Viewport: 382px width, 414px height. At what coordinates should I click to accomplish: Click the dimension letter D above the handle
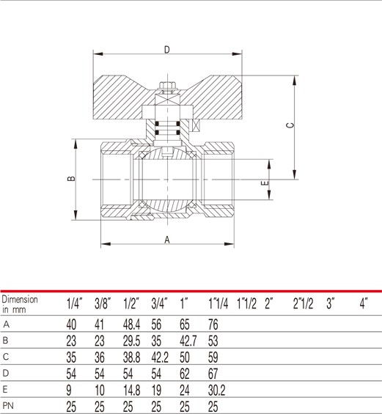click(167, 49)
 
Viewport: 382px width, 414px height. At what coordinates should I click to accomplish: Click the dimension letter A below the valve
click(167, 240)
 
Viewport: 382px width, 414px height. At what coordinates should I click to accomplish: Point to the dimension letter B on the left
click(71, 179)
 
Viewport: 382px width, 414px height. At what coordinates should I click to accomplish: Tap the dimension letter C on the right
click(290, 125)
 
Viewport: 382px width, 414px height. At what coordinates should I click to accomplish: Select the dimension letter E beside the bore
click(265, 183)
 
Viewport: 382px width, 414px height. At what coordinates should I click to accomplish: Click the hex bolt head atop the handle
click(167, 86)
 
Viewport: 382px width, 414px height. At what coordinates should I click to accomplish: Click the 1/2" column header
click(131, 304)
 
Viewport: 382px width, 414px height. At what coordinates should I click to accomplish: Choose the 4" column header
click(364, 303)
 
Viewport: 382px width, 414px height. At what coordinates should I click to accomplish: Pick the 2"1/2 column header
click(303, 303)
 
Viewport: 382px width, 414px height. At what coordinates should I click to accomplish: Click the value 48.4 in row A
click(131, 324)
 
